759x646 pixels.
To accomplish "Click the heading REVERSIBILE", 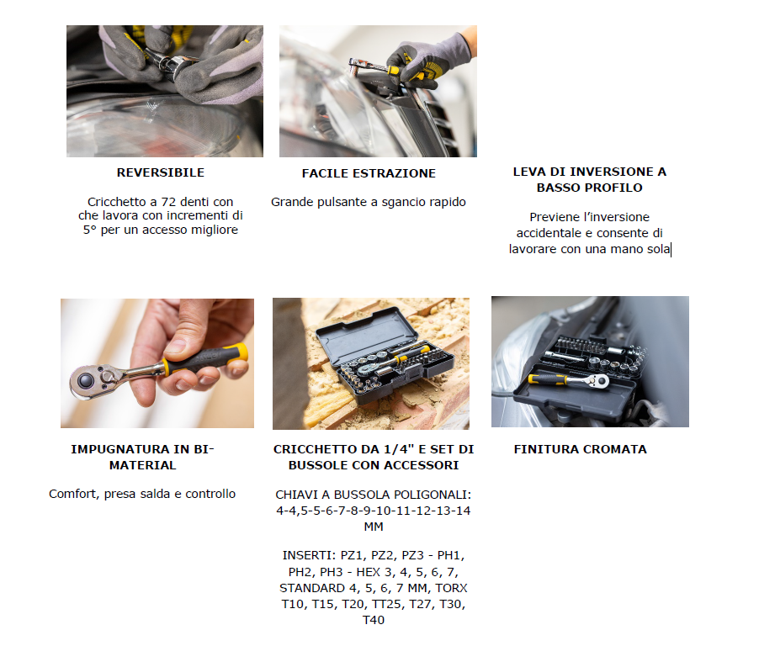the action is [160, 172].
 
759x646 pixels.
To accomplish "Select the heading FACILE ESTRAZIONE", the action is [369, 173].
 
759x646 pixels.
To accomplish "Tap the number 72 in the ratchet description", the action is [169, 202].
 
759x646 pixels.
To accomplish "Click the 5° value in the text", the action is [90, 230].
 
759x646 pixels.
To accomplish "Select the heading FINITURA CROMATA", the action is [581, 449].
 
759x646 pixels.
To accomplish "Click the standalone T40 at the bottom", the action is [374, 620].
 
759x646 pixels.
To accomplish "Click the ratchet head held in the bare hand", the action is [93, 381].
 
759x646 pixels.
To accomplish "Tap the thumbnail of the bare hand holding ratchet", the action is [157, 363].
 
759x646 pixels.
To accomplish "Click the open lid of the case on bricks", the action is [366, 336].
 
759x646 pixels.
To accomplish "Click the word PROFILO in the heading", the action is [616, 188].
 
